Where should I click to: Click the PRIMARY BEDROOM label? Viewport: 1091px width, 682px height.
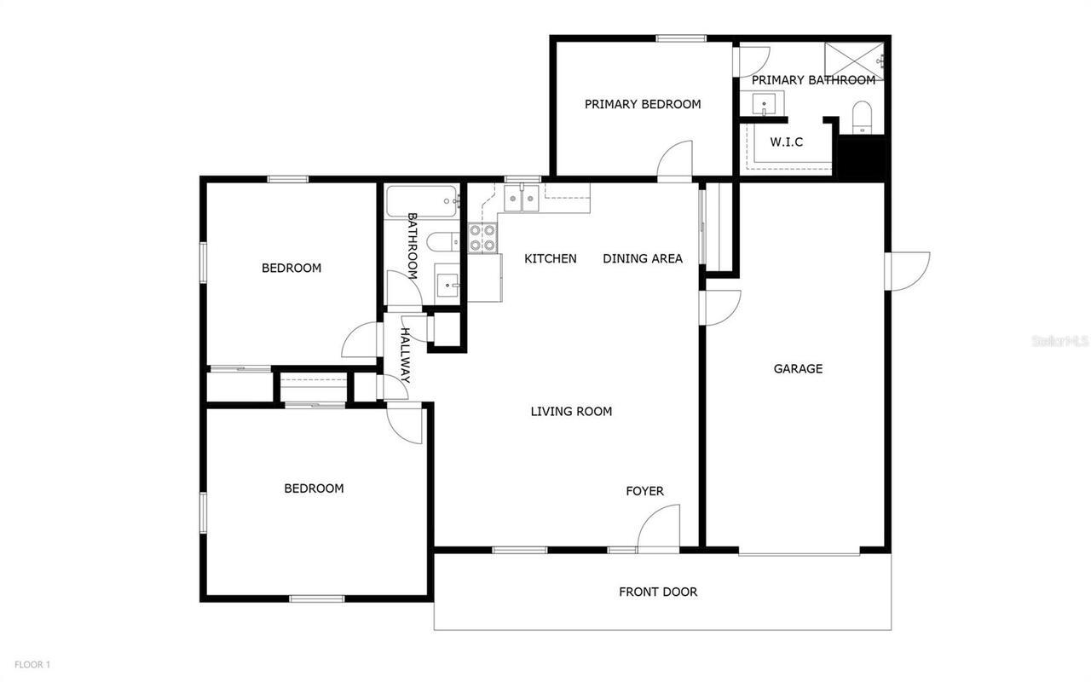(x=643, y=104)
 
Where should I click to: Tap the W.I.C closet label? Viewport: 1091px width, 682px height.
(x=786, y=142)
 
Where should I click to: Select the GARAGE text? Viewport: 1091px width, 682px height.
(x=798, y=369)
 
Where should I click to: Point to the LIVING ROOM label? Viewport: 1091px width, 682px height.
(x=571, y=412)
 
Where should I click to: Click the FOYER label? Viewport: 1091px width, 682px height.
(x=644, y=491)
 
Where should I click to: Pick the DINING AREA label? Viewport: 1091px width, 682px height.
(x=643, y=258)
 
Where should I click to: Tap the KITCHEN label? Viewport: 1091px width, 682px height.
(x=550, y=258)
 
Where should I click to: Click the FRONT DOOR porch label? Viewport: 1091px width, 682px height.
(x=658, y=592)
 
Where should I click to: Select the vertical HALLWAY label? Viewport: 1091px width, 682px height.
(x=407, y=355)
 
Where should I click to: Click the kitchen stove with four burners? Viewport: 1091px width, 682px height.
(x=483, y=238)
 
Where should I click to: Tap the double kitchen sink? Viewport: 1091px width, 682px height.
(x=520, y=199)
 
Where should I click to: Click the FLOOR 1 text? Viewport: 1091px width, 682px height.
(x=32, y=664)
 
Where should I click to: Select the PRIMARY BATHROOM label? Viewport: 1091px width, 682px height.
(x=813, y=80)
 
